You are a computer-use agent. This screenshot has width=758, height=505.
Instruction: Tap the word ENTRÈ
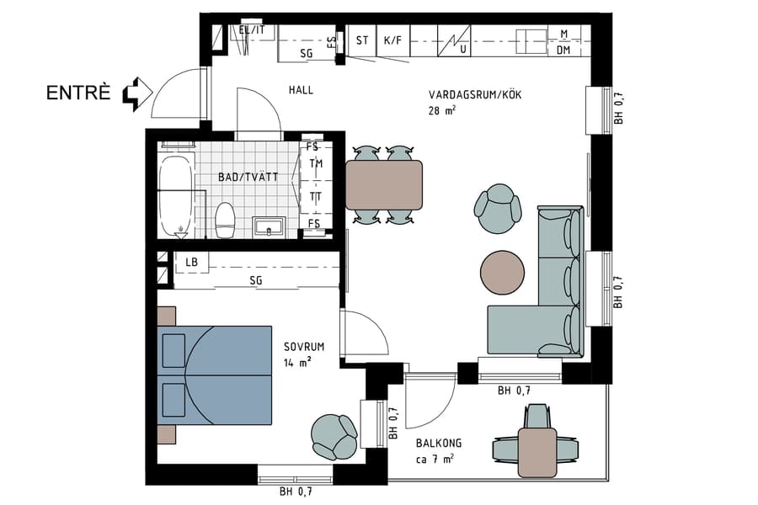pyautogui.click(x=78, y=93)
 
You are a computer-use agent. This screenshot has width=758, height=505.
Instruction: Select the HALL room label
pyautogui.click(x=301, y=90)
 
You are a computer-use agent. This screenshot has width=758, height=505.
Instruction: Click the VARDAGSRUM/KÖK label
pyautogui.click(x=475, y=95)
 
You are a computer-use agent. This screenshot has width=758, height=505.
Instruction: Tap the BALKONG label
pyautogui.click(x=438, y=444)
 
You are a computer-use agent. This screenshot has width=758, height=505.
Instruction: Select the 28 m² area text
pyautogui.click(x=442, y=110)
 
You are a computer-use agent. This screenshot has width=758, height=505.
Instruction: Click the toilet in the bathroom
pyautogui.click(x=225, y=221)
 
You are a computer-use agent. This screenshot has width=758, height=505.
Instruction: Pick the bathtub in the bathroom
pyautogui.click(x=176, y=194)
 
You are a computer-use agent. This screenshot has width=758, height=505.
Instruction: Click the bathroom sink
pyautogui.click(x=270, y=226)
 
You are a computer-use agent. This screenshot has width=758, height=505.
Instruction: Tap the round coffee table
pyautogui.click(x=503, y=271)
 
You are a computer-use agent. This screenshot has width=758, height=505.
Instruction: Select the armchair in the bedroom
pyautogui.click(x=334, y=436)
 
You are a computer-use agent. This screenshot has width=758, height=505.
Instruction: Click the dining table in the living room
pyautogui.click(x=384, y=185)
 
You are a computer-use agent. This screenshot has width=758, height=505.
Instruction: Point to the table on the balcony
pyautogui.click(x=537, y=451)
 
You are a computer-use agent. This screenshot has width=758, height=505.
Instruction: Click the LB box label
pyautogui.click(x=192, y=263)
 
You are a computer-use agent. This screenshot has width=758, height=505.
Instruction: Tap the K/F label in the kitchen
pyautogui.click(x=392, y=40)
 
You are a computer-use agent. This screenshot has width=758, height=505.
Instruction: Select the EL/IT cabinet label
pyautogui.click(x=252, y=30)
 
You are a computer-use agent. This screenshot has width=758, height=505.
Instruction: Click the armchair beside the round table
pyautogui.click(x=498, y=207)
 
